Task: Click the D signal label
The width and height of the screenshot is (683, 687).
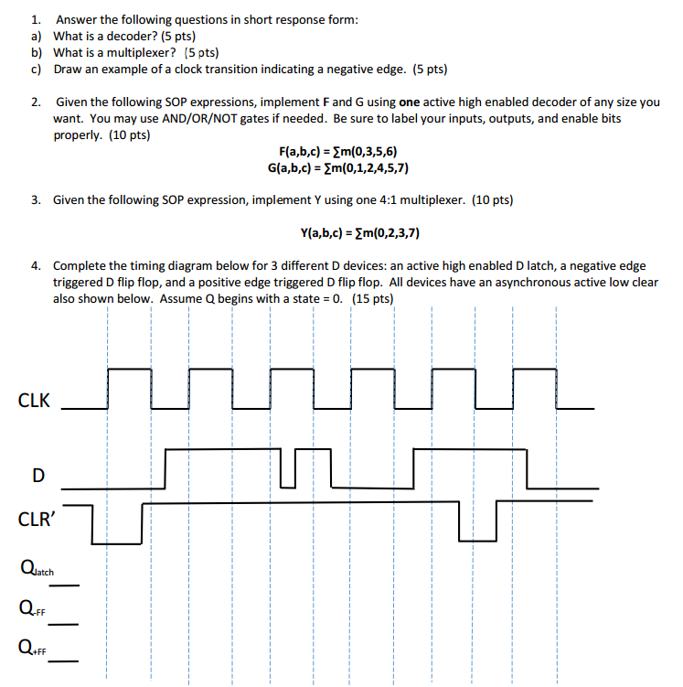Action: (x=37, y=475)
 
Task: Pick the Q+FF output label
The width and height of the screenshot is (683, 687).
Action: (x=32, y=649)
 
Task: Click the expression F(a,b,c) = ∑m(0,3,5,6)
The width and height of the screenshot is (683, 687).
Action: (x=337, y=152)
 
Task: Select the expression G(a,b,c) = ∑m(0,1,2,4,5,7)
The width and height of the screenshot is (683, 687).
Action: (x=337, y=168)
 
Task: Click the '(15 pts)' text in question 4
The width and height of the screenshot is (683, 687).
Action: (x=372, y=298)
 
